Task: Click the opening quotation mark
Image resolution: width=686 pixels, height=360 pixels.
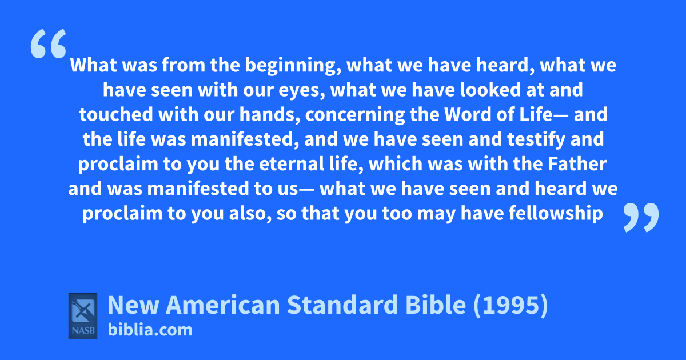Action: [x=49, y=43]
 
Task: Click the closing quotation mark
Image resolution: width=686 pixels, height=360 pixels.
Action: [x=641, y=217]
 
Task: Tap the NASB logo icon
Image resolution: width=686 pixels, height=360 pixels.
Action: [x=83, y=316]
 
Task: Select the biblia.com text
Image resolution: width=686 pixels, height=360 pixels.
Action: [x=150, y=330]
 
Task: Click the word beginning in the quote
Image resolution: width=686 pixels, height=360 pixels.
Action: [x=293, y=66]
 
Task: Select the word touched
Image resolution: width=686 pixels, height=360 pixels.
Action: [x=116, y=114]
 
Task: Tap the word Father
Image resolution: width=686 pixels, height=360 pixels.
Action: [x=577, y=164]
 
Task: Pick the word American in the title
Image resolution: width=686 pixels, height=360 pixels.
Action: [x=222, y=305]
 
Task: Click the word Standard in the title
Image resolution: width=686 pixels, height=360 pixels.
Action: [x=343, y=305]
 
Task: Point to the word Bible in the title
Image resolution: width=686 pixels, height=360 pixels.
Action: [x=436, y=305]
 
